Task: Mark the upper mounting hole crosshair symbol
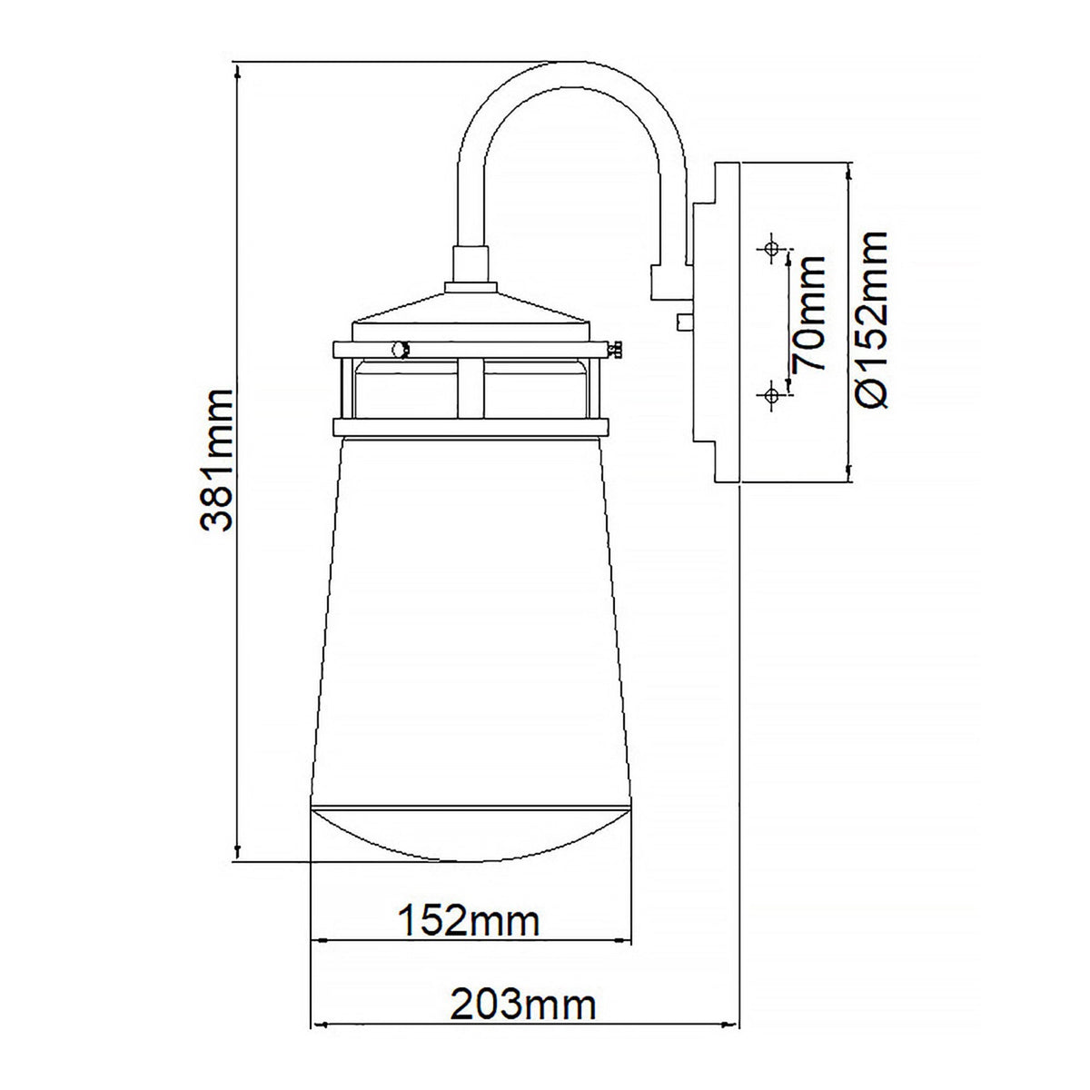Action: click(771, 249)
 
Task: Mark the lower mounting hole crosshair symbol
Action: click(771, 394)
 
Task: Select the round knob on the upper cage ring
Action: click(397, 348)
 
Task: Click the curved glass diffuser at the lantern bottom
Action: click(472, 827)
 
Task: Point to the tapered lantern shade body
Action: click(472, 618)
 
